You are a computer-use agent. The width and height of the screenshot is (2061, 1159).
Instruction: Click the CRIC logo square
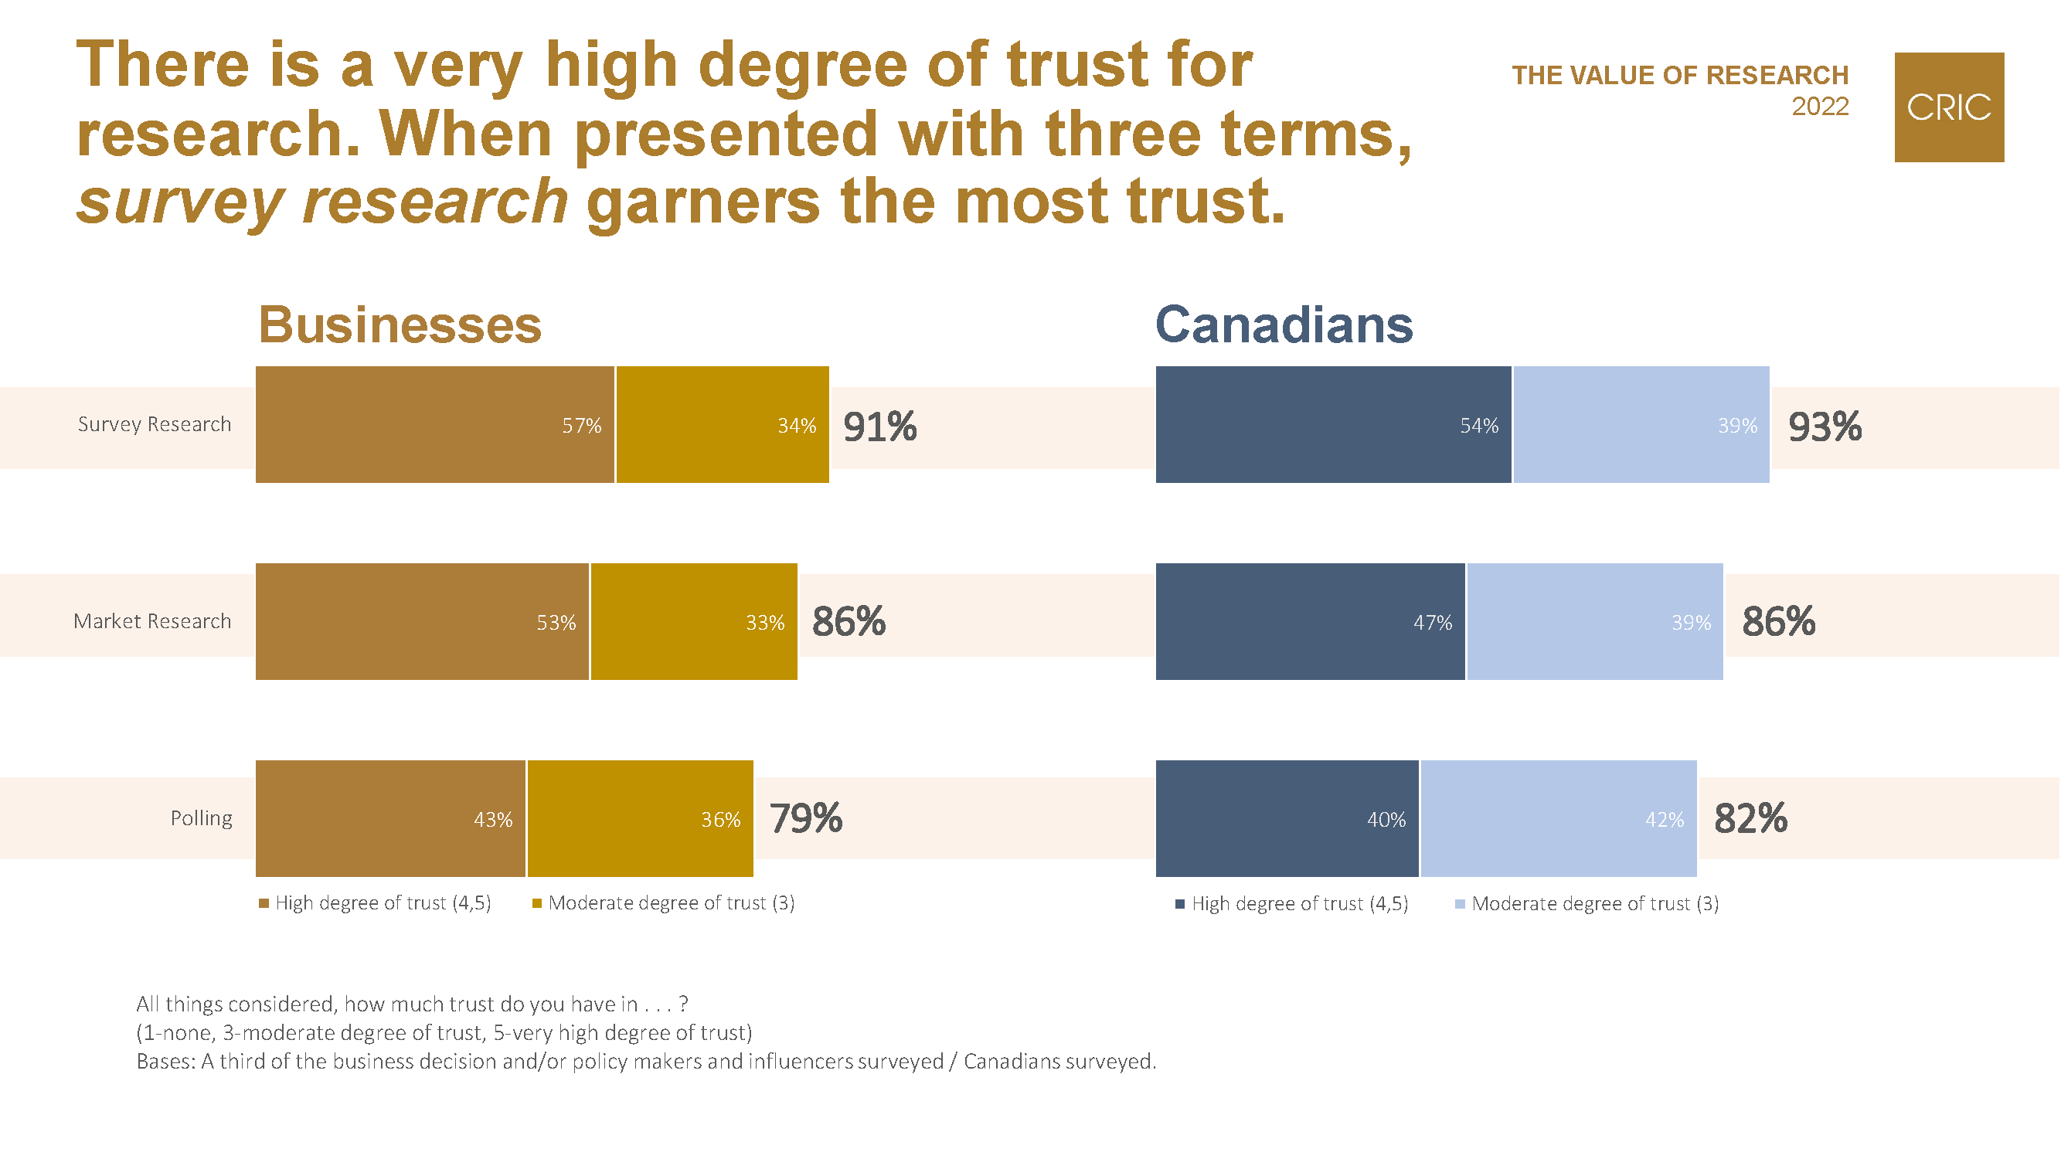coord(1948,107)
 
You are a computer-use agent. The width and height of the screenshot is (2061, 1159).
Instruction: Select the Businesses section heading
coord(400,325)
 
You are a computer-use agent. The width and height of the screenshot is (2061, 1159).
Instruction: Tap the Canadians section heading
coord(1284,325)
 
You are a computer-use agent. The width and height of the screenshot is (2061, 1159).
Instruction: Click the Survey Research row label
coord(155,424)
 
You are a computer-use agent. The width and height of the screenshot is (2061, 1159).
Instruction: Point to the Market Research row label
coord(152,620)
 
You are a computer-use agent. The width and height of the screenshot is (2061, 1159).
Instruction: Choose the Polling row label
coord(201,817)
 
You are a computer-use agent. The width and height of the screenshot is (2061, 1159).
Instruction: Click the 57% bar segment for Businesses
coord(434,425)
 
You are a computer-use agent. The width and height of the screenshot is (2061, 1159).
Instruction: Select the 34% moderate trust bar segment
coord(723,425)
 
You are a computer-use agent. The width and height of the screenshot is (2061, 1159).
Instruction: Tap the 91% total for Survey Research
coord(879,427)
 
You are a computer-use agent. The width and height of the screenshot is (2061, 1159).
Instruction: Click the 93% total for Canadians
coord(1825,427)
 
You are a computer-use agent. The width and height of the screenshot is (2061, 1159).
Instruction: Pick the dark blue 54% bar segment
coord(1333,425)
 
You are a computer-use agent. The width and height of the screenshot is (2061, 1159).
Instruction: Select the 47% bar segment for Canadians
coord(1310,621)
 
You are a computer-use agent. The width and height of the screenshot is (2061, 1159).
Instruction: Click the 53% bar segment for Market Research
coord(422,621)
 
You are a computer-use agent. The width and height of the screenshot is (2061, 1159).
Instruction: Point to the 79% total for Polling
coord(805,818)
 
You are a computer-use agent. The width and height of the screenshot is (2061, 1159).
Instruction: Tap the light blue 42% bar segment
coord(1558,818)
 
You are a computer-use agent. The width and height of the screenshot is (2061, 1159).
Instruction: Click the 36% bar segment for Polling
coord(640,818)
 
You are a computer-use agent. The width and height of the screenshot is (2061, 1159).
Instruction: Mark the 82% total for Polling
coord(1750,818)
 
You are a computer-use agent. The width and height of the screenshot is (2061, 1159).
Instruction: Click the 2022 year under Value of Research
coord(1819,107)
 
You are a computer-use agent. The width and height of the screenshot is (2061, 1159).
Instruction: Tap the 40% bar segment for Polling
coord(1287,818)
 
